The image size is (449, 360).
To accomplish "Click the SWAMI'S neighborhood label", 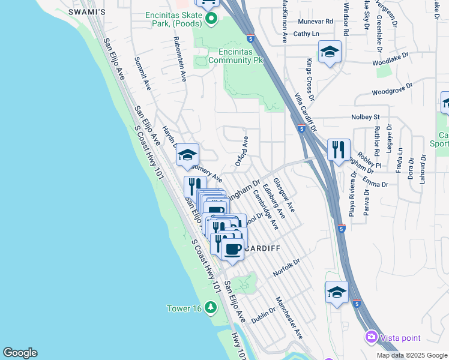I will tap(87, 12).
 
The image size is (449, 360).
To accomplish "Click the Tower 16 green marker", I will tap(210, 308).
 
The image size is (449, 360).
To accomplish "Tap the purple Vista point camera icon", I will tap(372, 337).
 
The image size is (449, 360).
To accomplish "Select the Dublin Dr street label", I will tap(264, 316).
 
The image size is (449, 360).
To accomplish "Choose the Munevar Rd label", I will tap(315, 21).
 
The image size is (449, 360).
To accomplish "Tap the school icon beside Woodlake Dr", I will tap(330, 52).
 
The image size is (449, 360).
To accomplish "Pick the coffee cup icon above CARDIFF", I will tap(232, 248).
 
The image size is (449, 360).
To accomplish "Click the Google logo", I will tap(20, 353).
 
